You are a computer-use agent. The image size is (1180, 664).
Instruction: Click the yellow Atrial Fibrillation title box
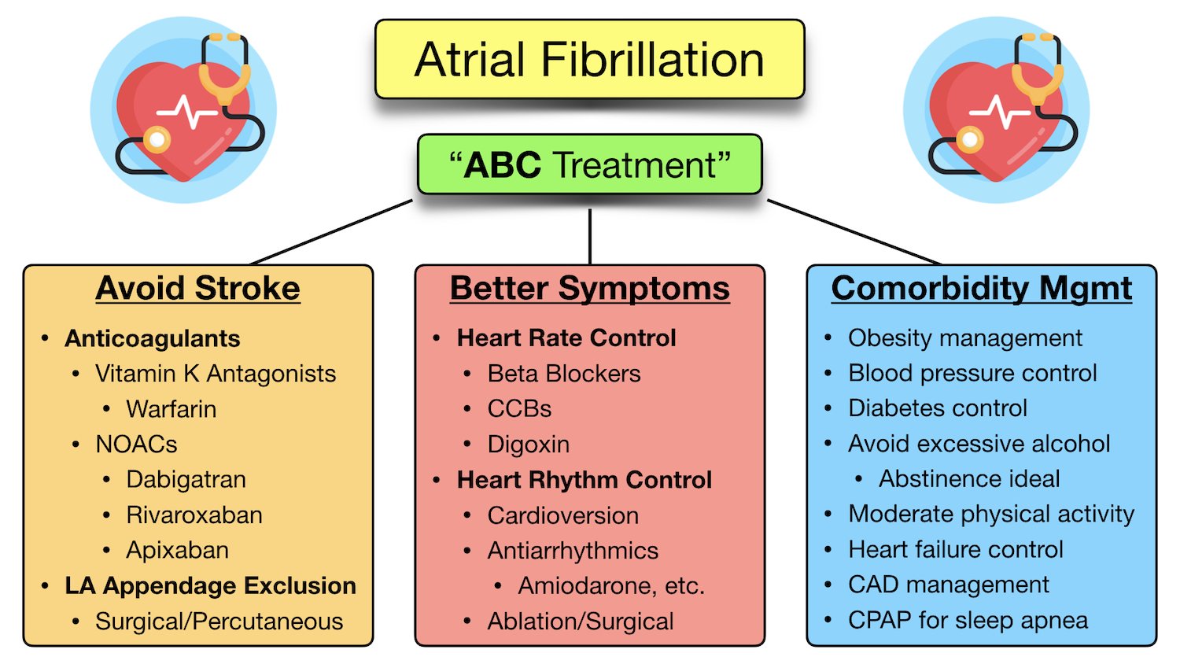589,59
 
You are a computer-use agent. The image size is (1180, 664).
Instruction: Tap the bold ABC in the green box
502,165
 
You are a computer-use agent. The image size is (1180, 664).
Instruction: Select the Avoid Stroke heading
198,288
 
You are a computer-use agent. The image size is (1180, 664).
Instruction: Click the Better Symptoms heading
590,289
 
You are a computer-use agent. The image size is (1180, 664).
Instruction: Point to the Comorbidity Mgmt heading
982,289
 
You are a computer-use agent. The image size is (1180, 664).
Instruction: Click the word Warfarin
171,409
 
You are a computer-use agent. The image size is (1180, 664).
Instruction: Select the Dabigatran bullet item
186,480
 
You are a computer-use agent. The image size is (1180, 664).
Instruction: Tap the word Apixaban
178,551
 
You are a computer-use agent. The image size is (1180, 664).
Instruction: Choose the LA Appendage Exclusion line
210,586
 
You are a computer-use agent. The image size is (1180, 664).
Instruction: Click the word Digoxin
529,445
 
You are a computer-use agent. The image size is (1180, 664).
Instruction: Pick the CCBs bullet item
519,409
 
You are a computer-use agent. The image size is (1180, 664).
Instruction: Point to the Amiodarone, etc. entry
611,586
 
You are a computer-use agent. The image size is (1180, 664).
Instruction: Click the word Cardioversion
563,515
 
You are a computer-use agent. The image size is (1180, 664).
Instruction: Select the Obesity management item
965,338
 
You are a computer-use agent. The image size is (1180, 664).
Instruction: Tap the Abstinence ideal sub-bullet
969,479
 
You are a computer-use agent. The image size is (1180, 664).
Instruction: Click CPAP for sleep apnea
968,621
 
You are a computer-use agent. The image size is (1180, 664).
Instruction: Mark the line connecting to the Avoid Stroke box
331,232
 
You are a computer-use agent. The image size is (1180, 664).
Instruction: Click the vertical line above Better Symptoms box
590,237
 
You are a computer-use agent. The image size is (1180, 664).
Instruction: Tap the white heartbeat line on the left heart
187,112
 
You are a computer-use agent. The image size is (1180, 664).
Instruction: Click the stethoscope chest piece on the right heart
970,140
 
